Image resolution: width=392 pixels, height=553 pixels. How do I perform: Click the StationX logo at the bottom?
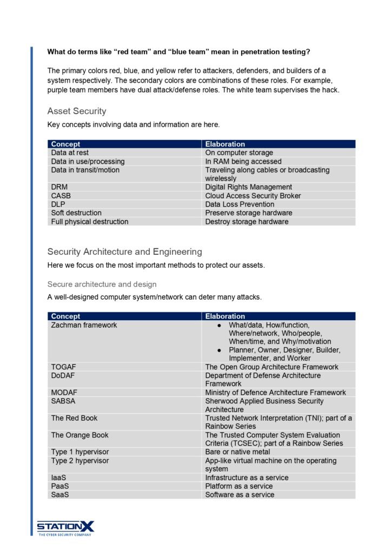[65, 527]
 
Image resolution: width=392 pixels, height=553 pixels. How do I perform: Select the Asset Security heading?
[77, 111]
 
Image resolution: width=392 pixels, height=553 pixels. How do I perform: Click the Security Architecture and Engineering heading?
[124, 252]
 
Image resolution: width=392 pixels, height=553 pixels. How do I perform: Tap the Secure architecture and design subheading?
[102, 284]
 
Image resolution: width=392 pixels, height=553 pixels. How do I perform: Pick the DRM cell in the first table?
[59, 187]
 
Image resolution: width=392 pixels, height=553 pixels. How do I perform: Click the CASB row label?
[61, 196]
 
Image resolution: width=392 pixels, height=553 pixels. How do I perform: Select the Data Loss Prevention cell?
[240, 205]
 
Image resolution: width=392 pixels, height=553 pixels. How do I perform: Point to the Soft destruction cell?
[76, 213]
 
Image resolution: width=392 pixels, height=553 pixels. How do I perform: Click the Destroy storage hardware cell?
[247, 221]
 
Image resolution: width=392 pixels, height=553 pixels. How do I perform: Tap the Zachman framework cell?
[84, 325]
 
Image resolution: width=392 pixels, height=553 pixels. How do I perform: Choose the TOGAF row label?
[63, 367]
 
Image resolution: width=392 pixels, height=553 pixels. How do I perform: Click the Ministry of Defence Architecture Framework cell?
[276, 393]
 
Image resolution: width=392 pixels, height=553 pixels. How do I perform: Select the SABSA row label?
[63, 401]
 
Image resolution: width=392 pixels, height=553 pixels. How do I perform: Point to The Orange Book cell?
[79, 435]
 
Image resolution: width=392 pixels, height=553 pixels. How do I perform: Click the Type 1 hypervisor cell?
[79, 452]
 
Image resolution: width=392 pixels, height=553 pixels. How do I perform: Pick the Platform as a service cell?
[239, 486]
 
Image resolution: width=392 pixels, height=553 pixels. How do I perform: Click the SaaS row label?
[60, 495]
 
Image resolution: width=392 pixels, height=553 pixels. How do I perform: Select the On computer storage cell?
[239, 153]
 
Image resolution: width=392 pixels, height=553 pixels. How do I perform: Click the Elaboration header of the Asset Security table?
[225, 144]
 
